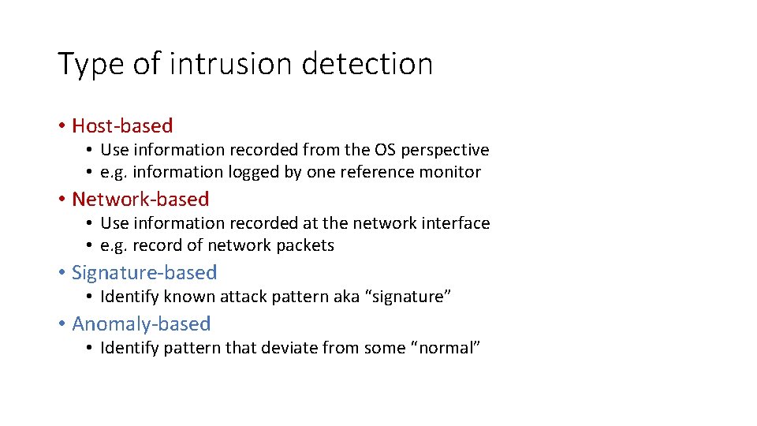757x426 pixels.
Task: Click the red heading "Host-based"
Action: click(122, 125)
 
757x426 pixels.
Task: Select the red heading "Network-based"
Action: click(140, 199)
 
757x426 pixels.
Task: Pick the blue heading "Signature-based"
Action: click(144, 272)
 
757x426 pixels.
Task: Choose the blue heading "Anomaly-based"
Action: click(141, 323)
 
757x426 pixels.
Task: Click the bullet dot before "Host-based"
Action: click(62, 126)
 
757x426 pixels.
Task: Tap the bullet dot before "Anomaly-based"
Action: click(62, 324)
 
